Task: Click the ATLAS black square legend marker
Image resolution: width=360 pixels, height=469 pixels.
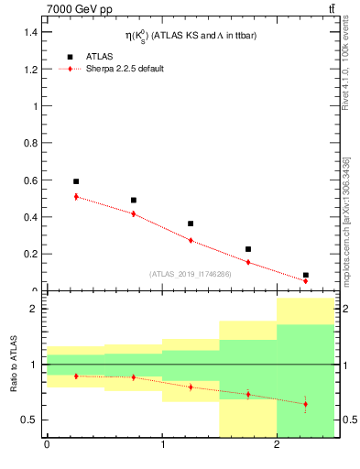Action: click(x=70, y=57)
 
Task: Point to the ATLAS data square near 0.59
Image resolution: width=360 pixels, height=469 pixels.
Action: click(x=76, y=181)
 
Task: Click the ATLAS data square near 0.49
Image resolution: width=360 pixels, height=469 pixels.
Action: click(x=134, y=200)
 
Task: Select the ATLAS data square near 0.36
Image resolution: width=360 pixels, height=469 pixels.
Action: click(x=191, y=224)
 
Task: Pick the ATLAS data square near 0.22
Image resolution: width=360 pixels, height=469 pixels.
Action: click(x=248, y=249)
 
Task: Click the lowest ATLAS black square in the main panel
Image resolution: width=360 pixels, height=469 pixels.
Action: click(x=306, y=275)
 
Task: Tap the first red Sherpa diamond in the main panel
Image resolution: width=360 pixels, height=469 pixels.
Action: click(x=76, y=197)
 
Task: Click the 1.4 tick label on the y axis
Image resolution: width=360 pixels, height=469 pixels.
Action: click(x=30, y=32)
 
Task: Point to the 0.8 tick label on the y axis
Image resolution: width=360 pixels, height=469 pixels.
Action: click(x=30, y=143)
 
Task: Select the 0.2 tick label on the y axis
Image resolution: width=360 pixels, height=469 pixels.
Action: click(x=30, y=254)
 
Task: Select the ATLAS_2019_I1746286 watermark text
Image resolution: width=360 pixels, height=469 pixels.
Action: click(x=191, y=273)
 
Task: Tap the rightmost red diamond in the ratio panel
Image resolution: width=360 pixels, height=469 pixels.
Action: click(x=306, y=404)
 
